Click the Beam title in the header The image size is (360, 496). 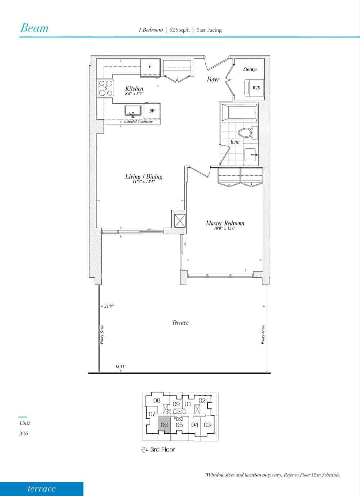pos(34,28)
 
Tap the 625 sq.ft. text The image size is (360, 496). pos(180,30)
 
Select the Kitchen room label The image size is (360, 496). pos(134,89)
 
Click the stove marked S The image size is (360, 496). pos(105,88)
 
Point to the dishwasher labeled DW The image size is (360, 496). pos(152,111)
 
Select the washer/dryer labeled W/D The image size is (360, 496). pos(255,88)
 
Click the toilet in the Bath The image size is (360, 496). pos(248,133)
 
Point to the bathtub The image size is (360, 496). pos(240,113)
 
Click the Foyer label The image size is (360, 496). pos(213,79)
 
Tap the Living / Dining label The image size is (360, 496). pos(144,176)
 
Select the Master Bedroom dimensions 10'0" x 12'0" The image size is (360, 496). pos(225,229)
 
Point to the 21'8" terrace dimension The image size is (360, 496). pos(109,306)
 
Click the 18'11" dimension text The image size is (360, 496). pos(121,367)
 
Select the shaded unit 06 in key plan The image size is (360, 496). pos(164,425)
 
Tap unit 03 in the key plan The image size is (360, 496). pos(207,425)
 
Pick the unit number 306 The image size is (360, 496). pos(24,433)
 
